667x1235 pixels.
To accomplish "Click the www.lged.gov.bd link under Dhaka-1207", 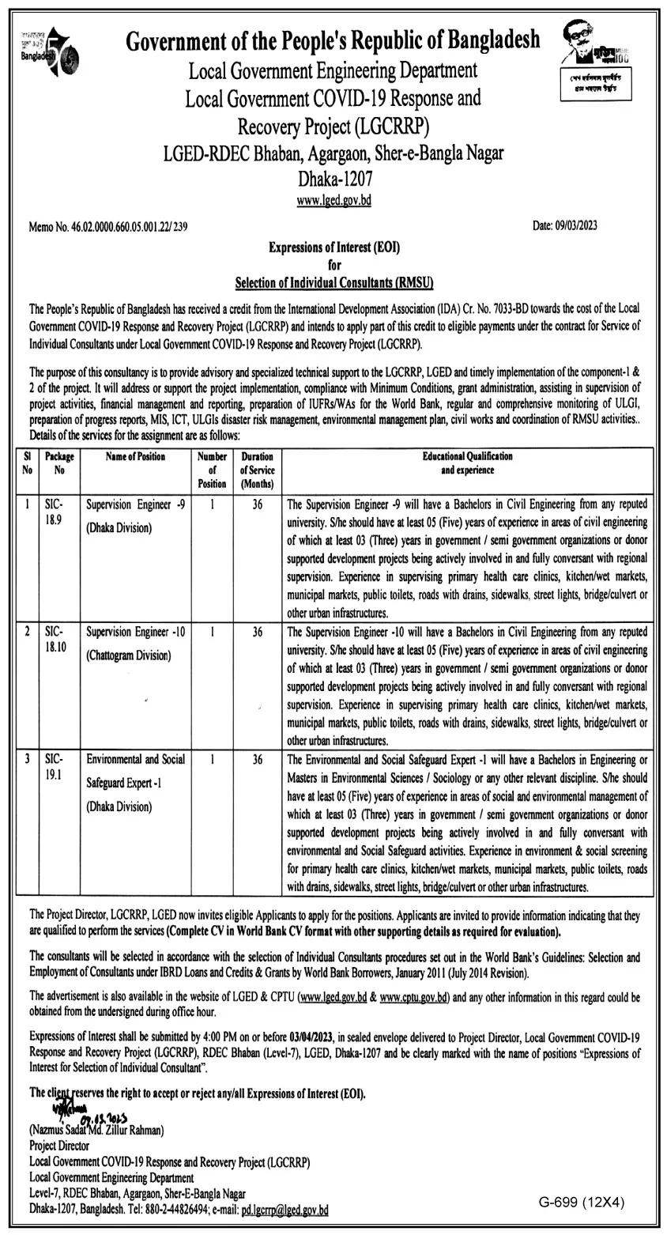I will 333,201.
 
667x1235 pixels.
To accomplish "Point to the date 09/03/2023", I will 565,226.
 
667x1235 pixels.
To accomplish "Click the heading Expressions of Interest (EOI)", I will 334,247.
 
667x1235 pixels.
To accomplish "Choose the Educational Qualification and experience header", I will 467,463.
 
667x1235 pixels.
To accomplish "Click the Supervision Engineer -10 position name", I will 135,632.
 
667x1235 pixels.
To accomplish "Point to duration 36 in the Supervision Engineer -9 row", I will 257,503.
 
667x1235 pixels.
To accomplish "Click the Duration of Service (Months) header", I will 257,469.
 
